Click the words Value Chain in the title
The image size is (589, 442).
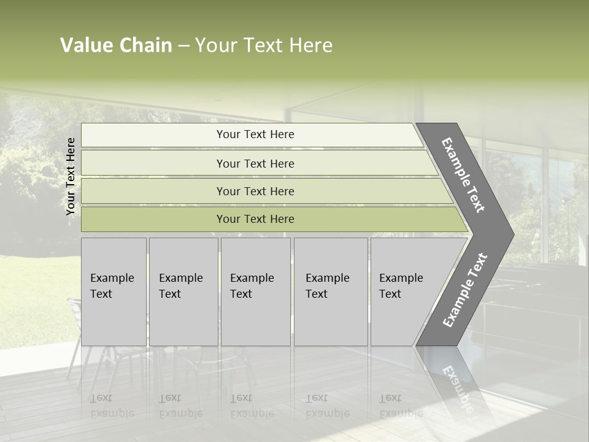coord(116,45)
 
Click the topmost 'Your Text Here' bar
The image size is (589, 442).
coord(255,134)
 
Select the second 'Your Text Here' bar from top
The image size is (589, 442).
coord(255,163)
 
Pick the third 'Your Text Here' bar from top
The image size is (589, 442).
coord(255,191)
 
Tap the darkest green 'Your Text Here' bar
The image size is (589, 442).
coord(255,219)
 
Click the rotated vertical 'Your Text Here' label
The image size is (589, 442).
coord(71,176)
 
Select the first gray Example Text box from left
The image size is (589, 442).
coord(114,291)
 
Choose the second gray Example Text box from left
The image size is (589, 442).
coord(183,291)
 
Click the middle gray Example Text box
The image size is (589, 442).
coord(255,291)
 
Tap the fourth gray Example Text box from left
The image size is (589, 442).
coord(330,291)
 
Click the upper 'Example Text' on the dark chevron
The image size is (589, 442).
coord(464,174)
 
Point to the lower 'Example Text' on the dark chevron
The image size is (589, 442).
coord(465,290)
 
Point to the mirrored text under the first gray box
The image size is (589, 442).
coord(112,405)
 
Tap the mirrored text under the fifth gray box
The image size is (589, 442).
coord(401,405)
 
